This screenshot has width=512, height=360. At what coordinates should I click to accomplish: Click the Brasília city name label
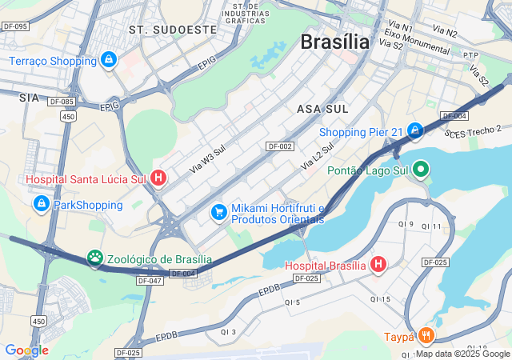[x=335, y=42]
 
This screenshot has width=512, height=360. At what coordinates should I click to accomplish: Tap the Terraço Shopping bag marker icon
[x=109, y=60]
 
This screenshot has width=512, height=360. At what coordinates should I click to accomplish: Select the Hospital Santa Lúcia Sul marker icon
[x=158, y=178]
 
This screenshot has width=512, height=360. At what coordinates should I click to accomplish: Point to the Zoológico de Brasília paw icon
[x=96, y=258]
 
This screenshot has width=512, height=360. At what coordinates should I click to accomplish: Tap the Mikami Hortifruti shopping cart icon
[x=218, y=212]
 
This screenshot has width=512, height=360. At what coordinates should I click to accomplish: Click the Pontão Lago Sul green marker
[x=420, y=169]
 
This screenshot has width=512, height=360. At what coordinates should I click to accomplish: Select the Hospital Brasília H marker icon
[x=378, y=265]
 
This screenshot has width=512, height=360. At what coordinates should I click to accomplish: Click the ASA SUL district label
[x=322, y=108]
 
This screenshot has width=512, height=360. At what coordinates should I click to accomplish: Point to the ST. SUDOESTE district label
[x=173, y=29]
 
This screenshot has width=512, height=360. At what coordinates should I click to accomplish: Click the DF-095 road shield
[x=15, y=26]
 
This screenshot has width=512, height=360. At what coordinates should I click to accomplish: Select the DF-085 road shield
[x=61, y=102]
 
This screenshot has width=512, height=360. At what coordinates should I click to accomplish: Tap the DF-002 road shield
[x=280, y=146]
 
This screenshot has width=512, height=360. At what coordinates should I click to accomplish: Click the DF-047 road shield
[x=150, y=281]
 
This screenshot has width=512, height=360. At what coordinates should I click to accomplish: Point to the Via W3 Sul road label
[x=208, y=159]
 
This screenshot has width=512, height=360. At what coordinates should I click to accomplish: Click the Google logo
[x=26, y=350]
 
